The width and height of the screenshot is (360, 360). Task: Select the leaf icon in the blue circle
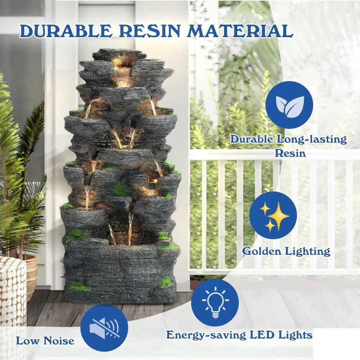pyautogui.click(x=289, y=105)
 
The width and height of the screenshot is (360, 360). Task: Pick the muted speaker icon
pyautogui.click(x=104, y=328)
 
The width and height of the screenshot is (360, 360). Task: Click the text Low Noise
pyautogui.click(x=45, y=341)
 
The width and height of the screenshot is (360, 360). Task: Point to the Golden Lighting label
pyautogui.click(x=286, y=251)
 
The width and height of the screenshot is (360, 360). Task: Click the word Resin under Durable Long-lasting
pyautogui.click(x=290, y=153)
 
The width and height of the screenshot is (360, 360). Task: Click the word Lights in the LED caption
pyautogui.click(x=294, y=335)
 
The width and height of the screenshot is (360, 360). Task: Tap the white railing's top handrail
pyautogui.click(x=274, y=155)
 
